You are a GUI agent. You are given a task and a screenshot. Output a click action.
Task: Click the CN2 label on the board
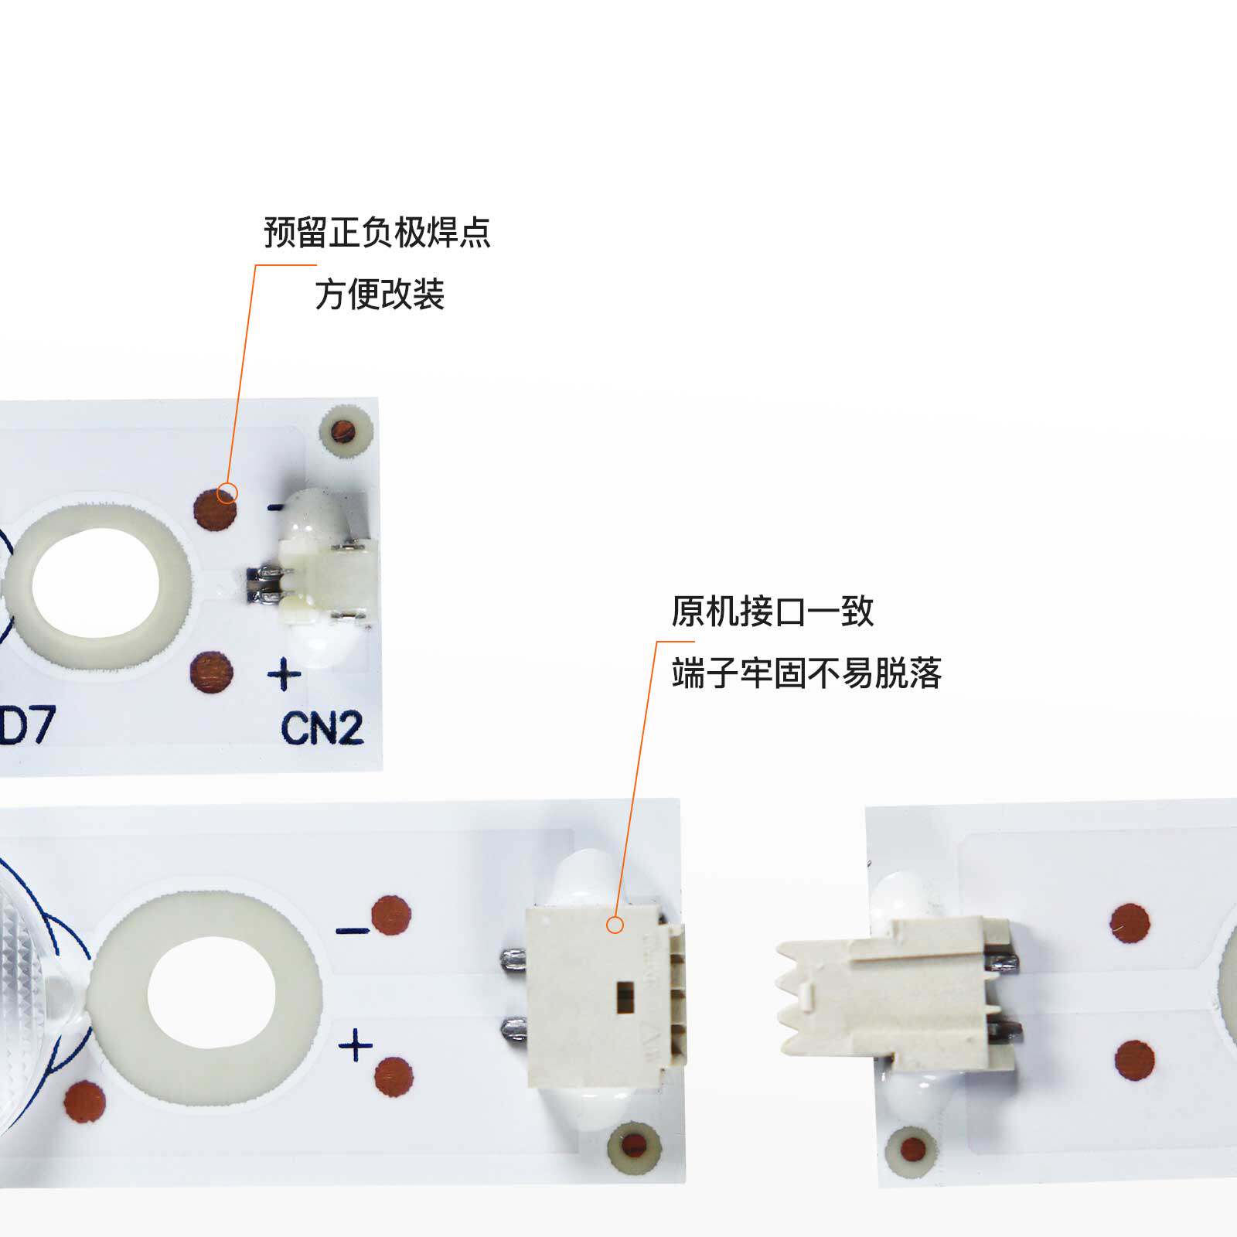[322, 728]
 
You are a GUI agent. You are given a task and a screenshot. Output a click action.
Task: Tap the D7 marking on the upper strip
[27, 725]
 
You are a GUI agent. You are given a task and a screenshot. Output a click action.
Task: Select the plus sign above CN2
[284, 674]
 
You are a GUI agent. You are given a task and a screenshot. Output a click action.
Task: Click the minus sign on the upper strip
[275, 508]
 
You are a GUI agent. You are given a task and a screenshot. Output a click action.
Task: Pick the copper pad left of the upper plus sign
[211, 671]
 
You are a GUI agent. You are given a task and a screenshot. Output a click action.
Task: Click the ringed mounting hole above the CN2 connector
[342, 431]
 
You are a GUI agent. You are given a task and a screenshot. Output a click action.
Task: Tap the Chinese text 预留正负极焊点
[377, 232]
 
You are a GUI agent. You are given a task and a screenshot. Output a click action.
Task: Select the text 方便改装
[380, 295]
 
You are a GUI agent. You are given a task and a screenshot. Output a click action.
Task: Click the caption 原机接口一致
[772, 612]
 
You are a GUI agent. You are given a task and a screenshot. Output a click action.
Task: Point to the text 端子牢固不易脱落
[806, 673]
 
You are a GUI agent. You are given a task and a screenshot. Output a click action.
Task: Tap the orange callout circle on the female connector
[615, 925]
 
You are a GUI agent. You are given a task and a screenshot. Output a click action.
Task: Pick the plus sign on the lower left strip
[356, 1045]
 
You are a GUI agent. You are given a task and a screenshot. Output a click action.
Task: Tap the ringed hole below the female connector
[634, 1144]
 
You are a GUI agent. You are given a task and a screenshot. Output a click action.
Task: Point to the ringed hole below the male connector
[912, 1150]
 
